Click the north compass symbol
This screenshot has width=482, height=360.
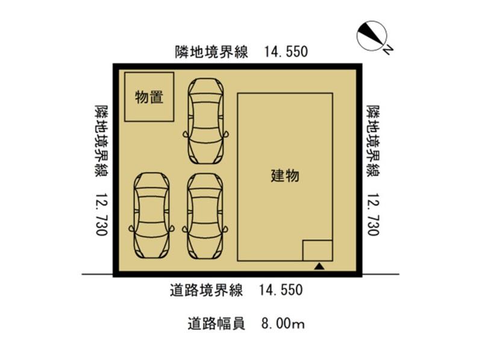coord(371,36)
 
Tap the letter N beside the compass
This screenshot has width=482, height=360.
coord(387,50)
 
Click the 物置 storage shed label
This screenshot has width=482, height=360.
coord(149,97)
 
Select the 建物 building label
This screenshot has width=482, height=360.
coord(285,176)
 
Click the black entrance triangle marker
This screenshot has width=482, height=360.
coord(319,266)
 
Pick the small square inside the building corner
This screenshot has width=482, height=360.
coord(318,250)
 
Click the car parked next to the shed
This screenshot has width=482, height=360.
coord(206,121)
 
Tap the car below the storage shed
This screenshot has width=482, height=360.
coord(152,215)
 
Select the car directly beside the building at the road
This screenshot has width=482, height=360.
coord(205,216)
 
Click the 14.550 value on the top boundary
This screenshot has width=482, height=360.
coord(286,52)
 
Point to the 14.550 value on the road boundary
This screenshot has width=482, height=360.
coord(281,290)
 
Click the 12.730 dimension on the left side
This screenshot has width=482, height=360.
coord(101,215)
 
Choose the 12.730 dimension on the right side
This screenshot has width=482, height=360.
coord(373,215)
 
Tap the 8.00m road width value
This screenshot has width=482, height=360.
coord(283,324)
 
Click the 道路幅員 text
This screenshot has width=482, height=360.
coord(216,324)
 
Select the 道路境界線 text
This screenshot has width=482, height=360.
coord(206,290)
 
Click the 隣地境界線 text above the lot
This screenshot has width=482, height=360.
coord(212,52)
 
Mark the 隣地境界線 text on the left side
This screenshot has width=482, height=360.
coord(101,141)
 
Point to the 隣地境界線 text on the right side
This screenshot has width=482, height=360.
coord(373,141)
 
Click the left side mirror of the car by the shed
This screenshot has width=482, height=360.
coord(186,134)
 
